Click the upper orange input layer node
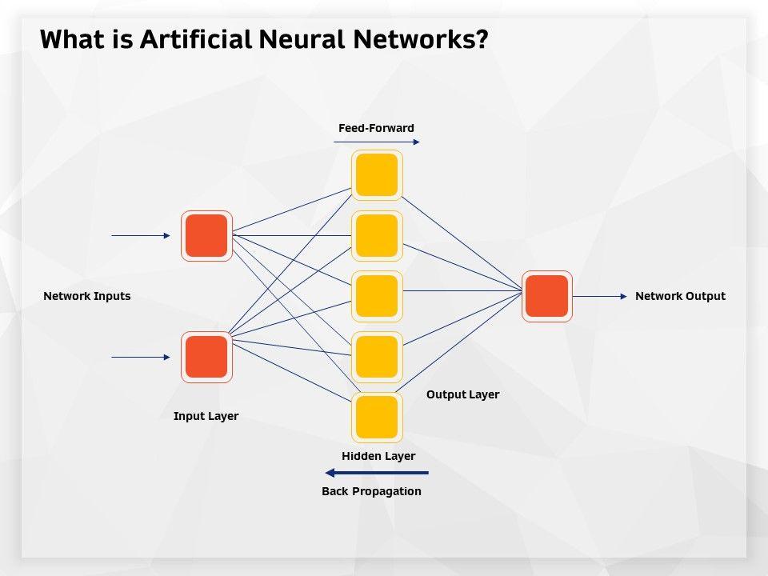[x=206, y=236]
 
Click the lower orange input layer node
[x=206, y=357]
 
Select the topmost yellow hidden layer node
[x=377, y=175]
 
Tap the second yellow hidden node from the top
[x=377, y=236]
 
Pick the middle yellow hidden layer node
[x=377, y=296]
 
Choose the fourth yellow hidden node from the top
[x=377, y=357]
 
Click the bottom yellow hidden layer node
[x=377, y=417]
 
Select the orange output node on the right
[x=547, y=296]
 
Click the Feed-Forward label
[x=376, y=128]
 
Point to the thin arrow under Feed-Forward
[x=376, y=142]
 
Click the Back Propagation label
[x=371, y=491]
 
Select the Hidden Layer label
[x=378, y=456]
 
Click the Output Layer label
[x=462, y=394]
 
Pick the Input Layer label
[x=206, y=416]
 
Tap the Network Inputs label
[x=86, y=296]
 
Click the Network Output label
[x=680, y=296]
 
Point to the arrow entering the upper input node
[x=141, y=236]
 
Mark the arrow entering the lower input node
[x=141, y=357]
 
